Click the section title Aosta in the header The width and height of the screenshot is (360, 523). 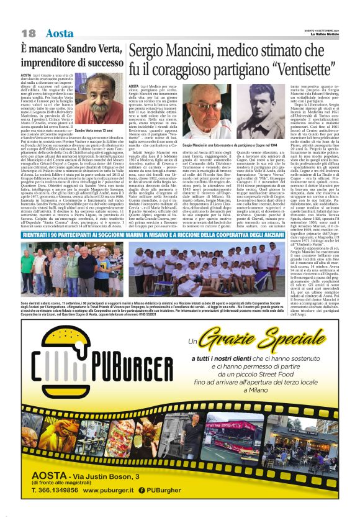(x=60, y=32)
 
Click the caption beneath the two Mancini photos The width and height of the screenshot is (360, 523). (x=228, y=144)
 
